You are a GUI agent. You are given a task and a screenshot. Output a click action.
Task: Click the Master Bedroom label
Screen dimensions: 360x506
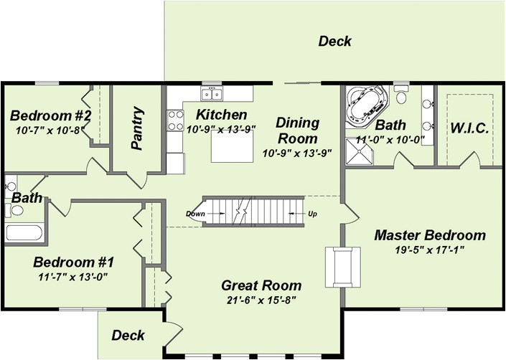tap(430, 235)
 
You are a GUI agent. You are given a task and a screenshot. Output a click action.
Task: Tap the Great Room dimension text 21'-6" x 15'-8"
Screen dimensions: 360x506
tap(261, 300)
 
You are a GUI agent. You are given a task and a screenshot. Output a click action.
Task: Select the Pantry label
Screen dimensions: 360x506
tap(138, 128)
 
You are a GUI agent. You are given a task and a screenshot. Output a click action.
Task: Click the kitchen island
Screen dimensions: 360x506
tap(232, 147)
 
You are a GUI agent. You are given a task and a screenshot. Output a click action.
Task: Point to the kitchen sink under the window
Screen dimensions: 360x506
tap(212, 95)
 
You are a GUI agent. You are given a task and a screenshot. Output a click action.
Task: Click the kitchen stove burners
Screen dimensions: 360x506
tap(175, 120)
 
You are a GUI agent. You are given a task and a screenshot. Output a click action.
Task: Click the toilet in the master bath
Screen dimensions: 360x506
tap(401, 96)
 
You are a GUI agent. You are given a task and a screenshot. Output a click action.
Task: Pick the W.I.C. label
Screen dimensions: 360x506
tap(469, 128)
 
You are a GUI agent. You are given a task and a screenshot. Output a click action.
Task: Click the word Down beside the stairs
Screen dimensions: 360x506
tap(195, 214)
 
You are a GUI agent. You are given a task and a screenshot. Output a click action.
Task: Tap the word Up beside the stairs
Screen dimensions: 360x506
tap(313, 214)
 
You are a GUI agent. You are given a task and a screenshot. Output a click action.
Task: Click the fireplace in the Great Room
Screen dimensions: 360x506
tap(342, 267)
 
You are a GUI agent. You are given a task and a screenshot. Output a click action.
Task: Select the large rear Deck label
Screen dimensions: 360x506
tap(334, 41)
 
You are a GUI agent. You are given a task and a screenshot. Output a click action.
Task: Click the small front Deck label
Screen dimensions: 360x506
tap(128, 335)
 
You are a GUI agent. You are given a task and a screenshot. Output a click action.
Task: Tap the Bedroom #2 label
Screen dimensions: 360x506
tap(50, 115)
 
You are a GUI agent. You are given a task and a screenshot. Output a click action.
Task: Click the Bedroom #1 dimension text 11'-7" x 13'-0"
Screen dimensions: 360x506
tap(73, 275)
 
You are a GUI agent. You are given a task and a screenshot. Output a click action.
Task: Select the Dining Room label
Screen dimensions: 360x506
tap(297, 130)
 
